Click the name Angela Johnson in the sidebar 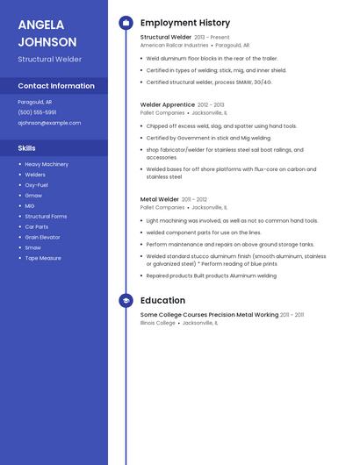tap(47, 32)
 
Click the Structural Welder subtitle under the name tap(49, 60)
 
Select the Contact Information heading tap(56, 86)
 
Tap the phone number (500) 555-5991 tap(37, 112)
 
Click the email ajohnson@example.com tap(49, 123)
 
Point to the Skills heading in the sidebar tap(27, 148)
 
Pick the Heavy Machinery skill tap(47, 164)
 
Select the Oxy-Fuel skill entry tap(37, 185)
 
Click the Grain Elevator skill tap(43, 237)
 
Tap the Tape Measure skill tap(43, 258)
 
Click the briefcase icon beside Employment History tap(126, 23)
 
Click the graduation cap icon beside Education tap(126, 300)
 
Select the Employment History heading tap(184, 23)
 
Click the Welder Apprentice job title tap(162, 104)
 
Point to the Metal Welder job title tap(160, 199)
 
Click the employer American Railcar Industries tap(174, 45)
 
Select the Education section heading tap(162, 300)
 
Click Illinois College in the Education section tap(158, 322)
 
